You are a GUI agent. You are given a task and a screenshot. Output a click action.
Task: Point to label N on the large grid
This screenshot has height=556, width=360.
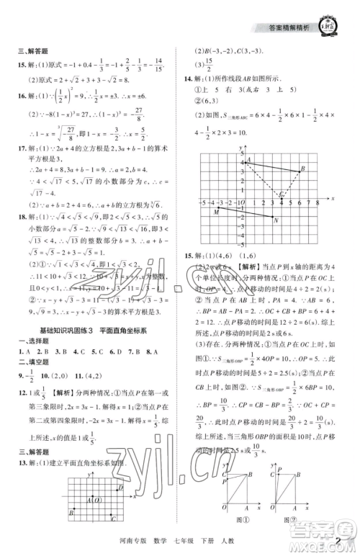pos(276,221)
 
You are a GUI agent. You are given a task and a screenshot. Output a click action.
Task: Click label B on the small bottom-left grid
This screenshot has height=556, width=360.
pos(71,512)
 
